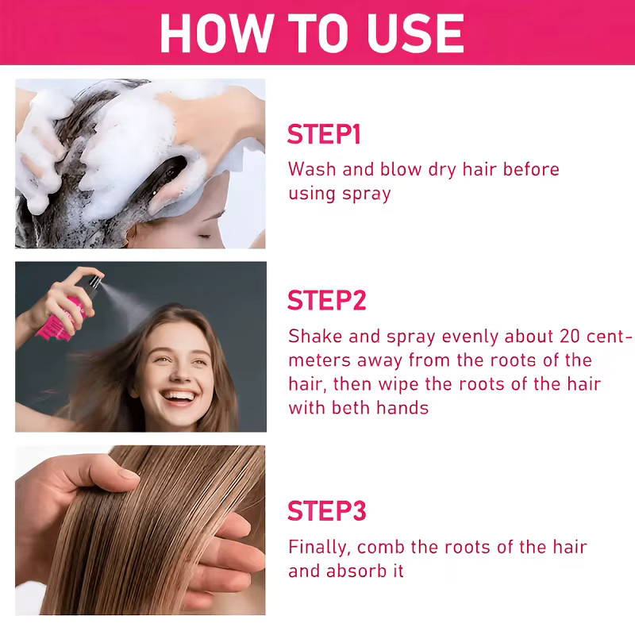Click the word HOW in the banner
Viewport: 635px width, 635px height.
[217, 33]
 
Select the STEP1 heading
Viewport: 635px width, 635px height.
[324, 134]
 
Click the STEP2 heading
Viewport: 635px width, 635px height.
[326, 300]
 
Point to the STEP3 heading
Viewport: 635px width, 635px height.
[327, 510]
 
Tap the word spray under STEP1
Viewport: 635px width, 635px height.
[366, 194]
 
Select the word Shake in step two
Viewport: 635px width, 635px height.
[315, 336]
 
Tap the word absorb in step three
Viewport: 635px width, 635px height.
[356, 571]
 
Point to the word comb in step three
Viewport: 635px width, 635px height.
[380, 547]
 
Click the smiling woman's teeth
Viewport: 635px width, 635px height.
[178, 395]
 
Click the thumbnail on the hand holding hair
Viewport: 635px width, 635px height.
[128, 473]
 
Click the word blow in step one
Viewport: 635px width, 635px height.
[401, 169]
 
